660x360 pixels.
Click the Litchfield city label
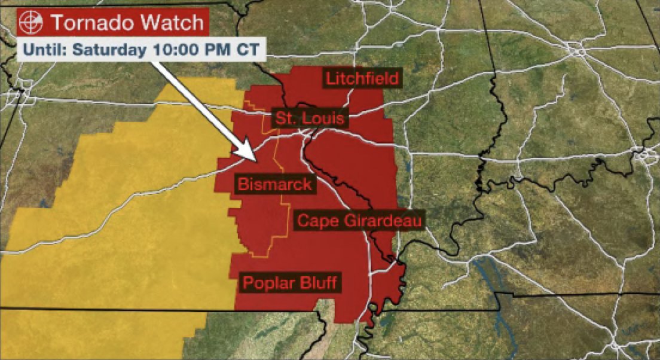pos(361,78)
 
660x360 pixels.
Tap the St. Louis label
pos(309,118)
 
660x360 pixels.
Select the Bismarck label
pos(274,184)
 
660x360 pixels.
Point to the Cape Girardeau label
pos(360,221)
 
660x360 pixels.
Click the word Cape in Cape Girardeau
pos(316,221)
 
